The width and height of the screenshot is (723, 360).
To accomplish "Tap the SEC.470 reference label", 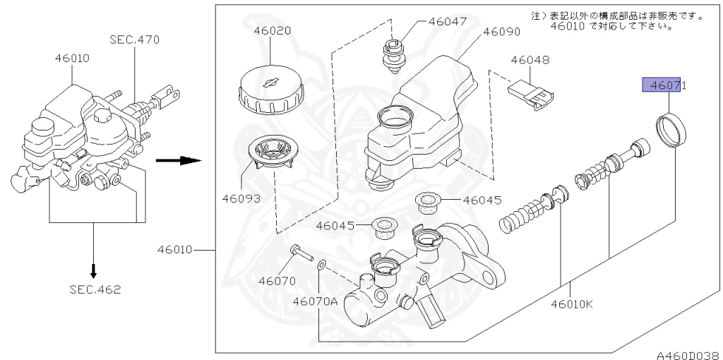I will pos(134,40).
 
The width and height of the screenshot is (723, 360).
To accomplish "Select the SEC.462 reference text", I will pos(95,289).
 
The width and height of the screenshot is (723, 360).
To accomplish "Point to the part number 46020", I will pos(272,31).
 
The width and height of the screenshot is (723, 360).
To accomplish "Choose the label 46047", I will pos(447,21).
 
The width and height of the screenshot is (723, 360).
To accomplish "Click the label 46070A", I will pos(316,301).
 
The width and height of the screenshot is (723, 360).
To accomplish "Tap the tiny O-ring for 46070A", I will pos(321,265).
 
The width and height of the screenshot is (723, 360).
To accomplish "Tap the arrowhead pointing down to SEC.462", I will pos(94,271).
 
